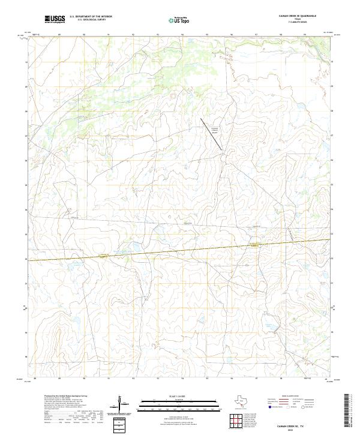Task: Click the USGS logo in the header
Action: point(55,19)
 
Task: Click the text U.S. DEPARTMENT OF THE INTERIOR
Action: point(91,17)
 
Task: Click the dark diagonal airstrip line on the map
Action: point(211,133)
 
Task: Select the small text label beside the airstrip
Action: point(214,128)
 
